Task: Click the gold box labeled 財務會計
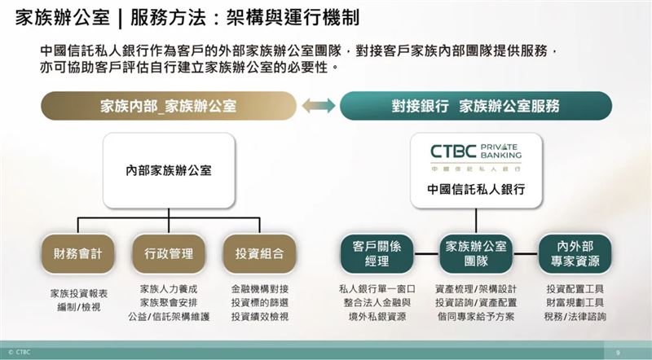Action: coord(77,253)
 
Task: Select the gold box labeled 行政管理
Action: coord(169,253)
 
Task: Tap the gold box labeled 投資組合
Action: coord(259,253)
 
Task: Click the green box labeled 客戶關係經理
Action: coord(377,253)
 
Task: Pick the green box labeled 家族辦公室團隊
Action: coord(476,253)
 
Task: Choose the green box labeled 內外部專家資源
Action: coord(575,253)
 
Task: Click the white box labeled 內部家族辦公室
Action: coord(169,170)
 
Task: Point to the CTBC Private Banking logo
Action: coord(476,157)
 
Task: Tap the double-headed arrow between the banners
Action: coord(319,106)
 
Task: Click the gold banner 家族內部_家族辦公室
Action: coord(169,106)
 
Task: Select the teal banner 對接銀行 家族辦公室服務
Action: coord(476,106)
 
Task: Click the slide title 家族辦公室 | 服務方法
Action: coord(187,18)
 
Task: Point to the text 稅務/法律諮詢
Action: coord(575,316)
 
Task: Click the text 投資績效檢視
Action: coord(259,316)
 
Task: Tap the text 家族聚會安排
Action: coord(169,303)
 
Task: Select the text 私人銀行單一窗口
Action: coord(377,289)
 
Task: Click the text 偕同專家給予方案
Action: coord(476,316)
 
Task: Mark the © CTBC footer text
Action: coord(19,352)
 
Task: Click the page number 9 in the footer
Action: coord(618,353)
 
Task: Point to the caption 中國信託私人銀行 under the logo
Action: coord(476,190)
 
